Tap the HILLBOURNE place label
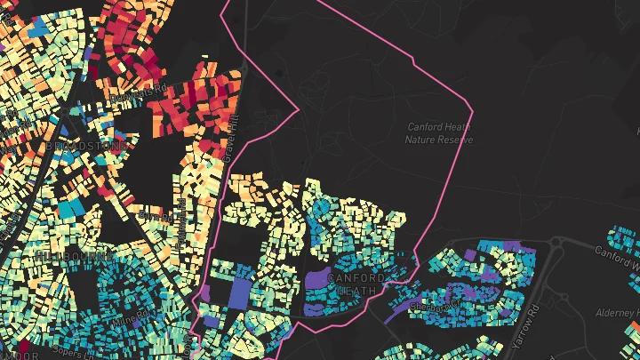[x=63, y=255]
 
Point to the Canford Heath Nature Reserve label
[x=438, y=133]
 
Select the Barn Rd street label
[x=155, y=213]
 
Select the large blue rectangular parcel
[x=240, y=293]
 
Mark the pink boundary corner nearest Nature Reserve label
[x=471, y=112]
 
